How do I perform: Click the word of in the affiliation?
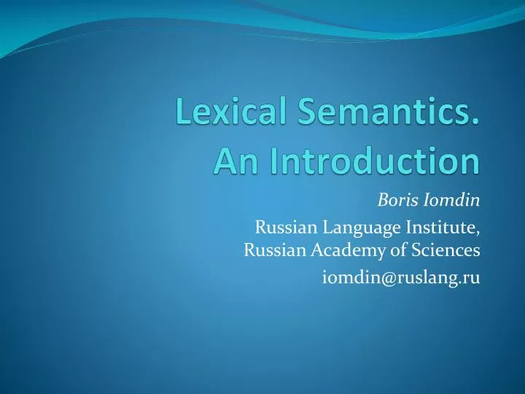coord(385,251)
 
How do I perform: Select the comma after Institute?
coord(478,234)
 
